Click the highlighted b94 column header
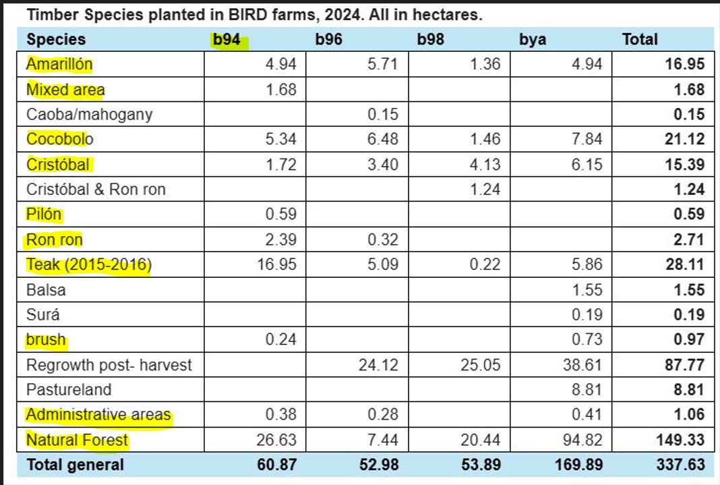tap(227, 40)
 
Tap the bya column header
tap(533, 40)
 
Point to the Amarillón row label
tap(59, 65)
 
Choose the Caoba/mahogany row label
tap(90, 115)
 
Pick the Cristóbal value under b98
tap(485, 165)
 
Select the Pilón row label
tap(44, 215)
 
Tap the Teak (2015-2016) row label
tap(88, 264)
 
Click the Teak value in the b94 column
tap(277, 264)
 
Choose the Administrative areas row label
tap(98, 415)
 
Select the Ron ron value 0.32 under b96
tap(383, 239)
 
